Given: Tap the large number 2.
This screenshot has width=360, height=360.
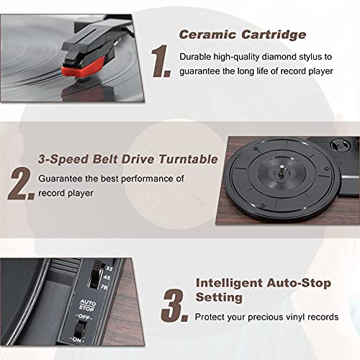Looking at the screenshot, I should pyautogui.click(x=20, y=184).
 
